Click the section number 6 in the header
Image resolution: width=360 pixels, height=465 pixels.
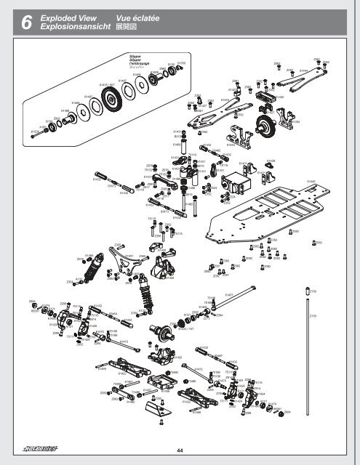26,24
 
